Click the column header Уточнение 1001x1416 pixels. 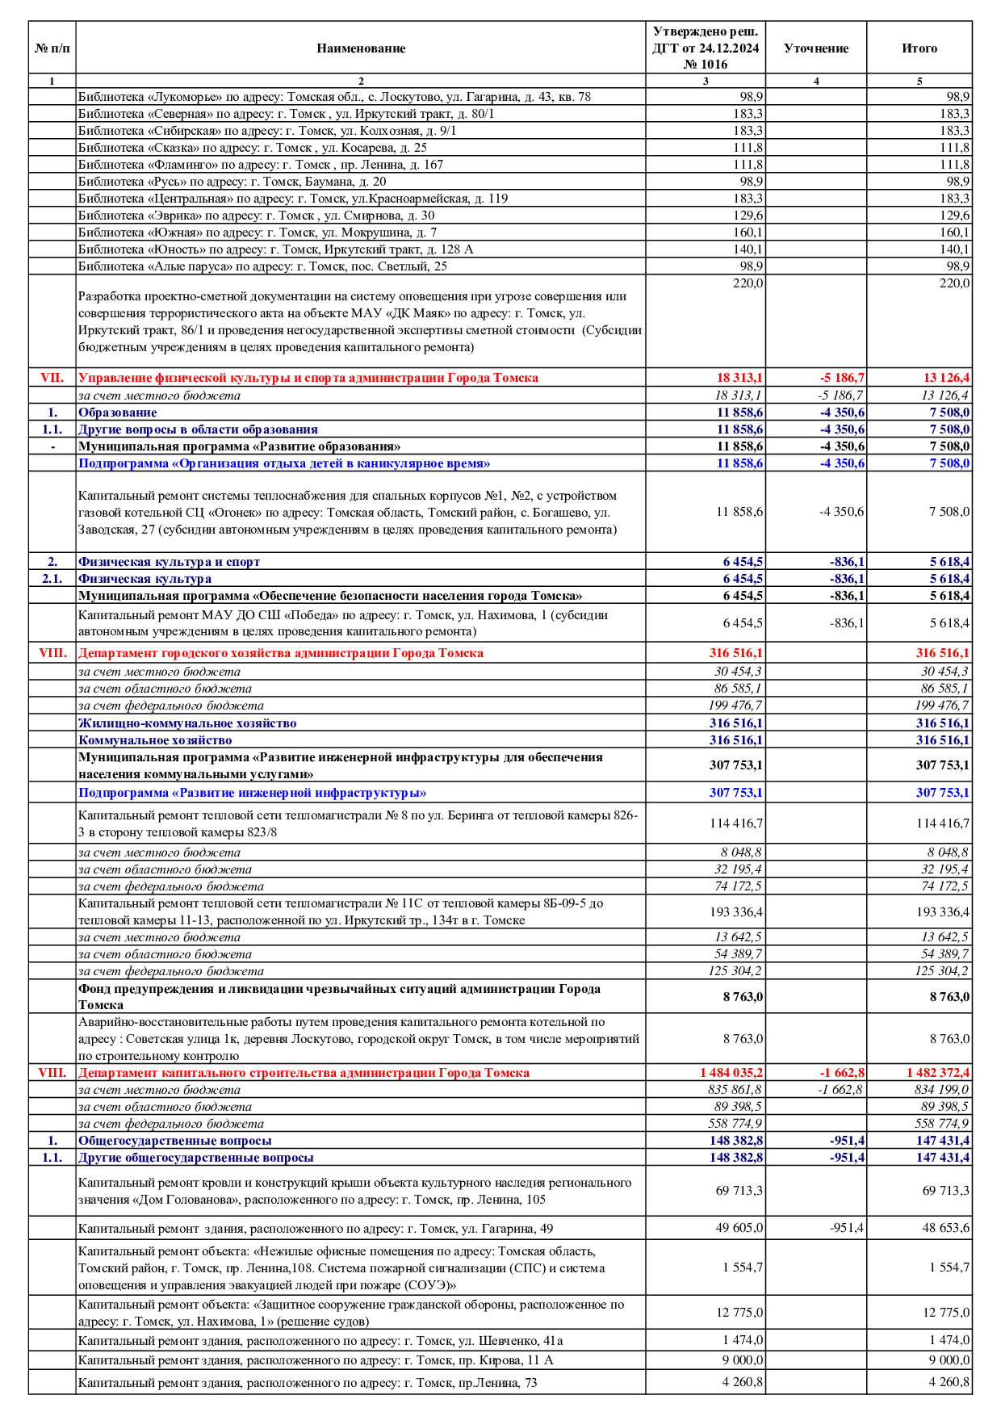tap(815, 48)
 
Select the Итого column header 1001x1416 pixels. tap(919, 48)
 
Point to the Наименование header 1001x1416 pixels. tap(360, 48)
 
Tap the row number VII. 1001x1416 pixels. tap(52, 378)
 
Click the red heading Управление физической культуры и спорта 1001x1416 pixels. tap(308, 378)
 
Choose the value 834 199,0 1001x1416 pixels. tap(941, 1090)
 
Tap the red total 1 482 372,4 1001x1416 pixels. tap(937, 1073)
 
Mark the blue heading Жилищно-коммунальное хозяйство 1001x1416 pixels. tap(186, 723)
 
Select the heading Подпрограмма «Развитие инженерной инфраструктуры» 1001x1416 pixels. tap(252, 793)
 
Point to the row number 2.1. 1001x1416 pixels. tap(52, 579)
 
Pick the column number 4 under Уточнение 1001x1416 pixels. tap(815, 81)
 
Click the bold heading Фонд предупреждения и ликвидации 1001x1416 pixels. tap(339, 996)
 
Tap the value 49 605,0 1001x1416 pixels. tap(739, 1228)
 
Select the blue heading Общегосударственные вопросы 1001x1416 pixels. tap(174, 1141)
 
